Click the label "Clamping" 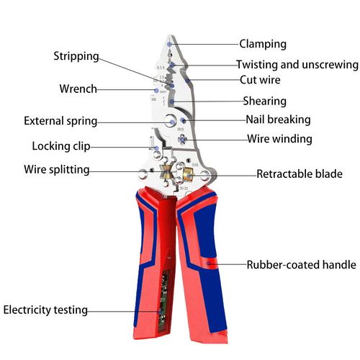tap(262, 44)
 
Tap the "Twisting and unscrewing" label tap(297, 64)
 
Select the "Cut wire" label tap(260, 80)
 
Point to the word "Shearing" tap(264, 102)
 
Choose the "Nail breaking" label tap(278, 120)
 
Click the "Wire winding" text tap(279, 138)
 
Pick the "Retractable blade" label tap(300, 174)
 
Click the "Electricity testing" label tap(45, 310)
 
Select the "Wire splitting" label tap(57, 170)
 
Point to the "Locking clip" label tap(61, 146)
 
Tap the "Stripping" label tap(76, 56)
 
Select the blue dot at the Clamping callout tap(169, 44)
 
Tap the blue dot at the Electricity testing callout tap(159, 310)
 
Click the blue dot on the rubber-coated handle tap(210, 264)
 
